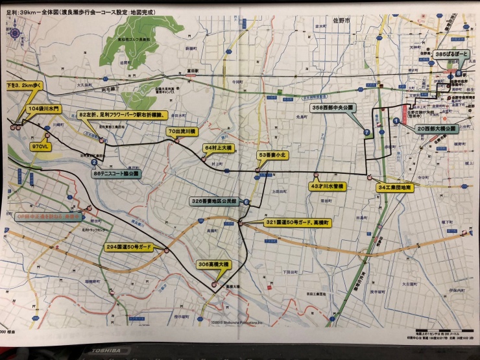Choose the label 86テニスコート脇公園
pyautogui.click(x=115, y=174)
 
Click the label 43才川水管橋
pyautogui.click(x=328, y=186)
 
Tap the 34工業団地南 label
pyautogui.click(x=394, y=187)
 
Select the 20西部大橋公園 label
pyautogui.click(x=437, y=128)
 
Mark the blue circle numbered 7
pyautogui.click(x=366, y=132)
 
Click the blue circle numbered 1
pyautogui.click(x=396, y=120)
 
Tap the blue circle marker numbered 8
pyautogui.click(x=459, y=73)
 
